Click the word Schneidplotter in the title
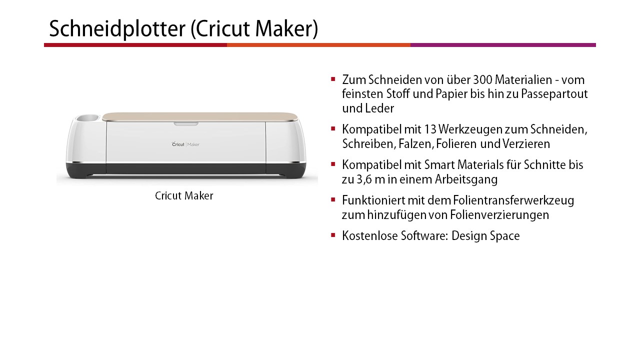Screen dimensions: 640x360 (x=117, y=29)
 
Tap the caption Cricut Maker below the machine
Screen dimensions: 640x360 (x=184, y=196)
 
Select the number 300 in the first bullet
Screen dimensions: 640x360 (x=482, y=80)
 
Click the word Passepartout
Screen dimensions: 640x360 (x=554, y=94)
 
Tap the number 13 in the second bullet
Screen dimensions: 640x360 (x=429, y=129)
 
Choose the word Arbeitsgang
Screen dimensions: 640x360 (x=466, y=179)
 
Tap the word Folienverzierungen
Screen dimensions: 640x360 (x=499, y=215)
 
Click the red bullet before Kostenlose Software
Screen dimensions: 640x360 (x=333, y=235)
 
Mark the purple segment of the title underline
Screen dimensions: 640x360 (x=503, y=45)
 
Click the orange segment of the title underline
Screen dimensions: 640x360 (x=318, y=45)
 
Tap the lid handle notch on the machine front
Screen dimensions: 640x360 (x=186, y=124)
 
